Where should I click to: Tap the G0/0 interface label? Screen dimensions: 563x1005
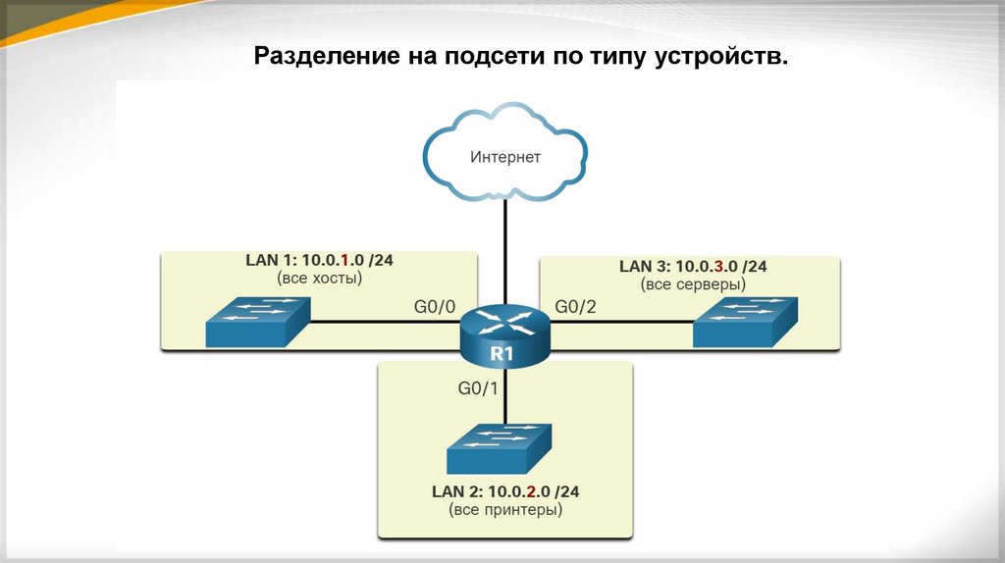(435, 307)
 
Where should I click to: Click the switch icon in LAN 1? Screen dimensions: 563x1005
(258, 322)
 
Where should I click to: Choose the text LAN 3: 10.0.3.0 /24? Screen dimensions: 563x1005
(693, 266)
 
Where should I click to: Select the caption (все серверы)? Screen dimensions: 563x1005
(693, 283)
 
